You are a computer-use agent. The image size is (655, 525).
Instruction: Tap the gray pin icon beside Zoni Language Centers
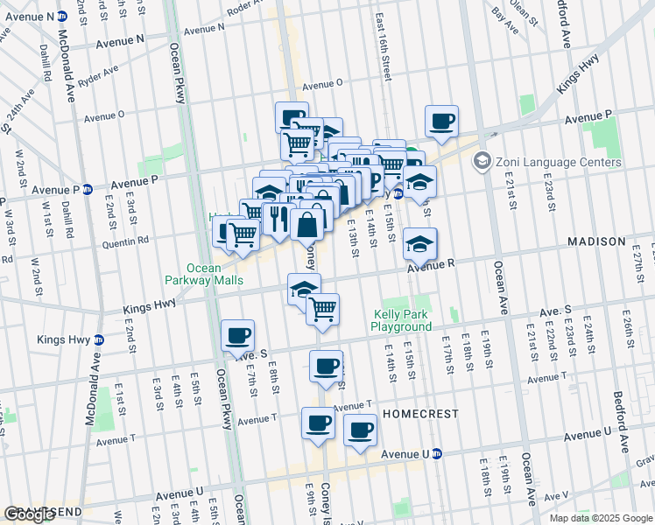click(481, 162)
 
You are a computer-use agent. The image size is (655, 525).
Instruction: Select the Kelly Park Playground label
click(402, 320)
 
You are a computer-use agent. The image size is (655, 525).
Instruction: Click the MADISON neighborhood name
click(596, 241)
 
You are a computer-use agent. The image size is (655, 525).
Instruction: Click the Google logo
click(30, 514)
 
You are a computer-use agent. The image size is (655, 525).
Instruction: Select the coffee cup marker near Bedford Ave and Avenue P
click(441, 121)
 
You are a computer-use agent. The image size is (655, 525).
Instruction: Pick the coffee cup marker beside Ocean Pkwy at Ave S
click(238, 336)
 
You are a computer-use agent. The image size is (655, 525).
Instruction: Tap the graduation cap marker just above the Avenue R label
click(420, 242)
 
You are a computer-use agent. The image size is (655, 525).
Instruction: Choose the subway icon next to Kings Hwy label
click(98, 339)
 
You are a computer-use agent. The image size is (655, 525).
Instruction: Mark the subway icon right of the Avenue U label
click(437, 453)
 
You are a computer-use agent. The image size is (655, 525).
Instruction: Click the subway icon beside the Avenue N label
click(61, 17)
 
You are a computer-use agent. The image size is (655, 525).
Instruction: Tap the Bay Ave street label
click(500, 14)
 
